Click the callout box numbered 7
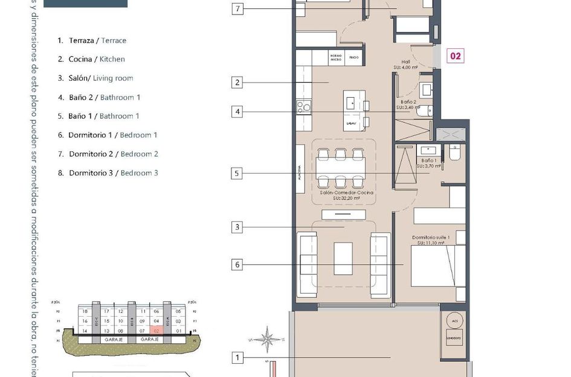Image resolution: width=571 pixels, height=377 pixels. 238,9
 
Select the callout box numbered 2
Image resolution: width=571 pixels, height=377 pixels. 238,83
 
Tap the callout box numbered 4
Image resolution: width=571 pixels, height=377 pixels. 238,112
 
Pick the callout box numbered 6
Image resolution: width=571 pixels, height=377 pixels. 238,264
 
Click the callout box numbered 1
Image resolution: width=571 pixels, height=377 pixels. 238,358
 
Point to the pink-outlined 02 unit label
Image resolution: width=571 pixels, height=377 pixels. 456,56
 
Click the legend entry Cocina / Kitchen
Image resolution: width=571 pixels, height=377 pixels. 92,59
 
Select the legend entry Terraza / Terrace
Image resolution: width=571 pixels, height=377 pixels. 92,40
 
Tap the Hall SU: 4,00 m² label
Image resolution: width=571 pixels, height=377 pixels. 402,65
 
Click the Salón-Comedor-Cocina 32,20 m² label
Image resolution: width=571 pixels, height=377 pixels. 347,195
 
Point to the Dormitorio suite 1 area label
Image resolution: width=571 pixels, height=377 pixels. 431,240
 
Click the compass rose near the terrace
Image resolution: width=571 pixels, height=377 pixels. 267,340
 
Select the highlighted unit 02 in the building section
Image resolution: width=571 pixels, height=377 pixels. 156,331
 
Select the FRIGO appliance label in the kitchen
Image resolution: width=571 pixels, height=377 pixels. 354,59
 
